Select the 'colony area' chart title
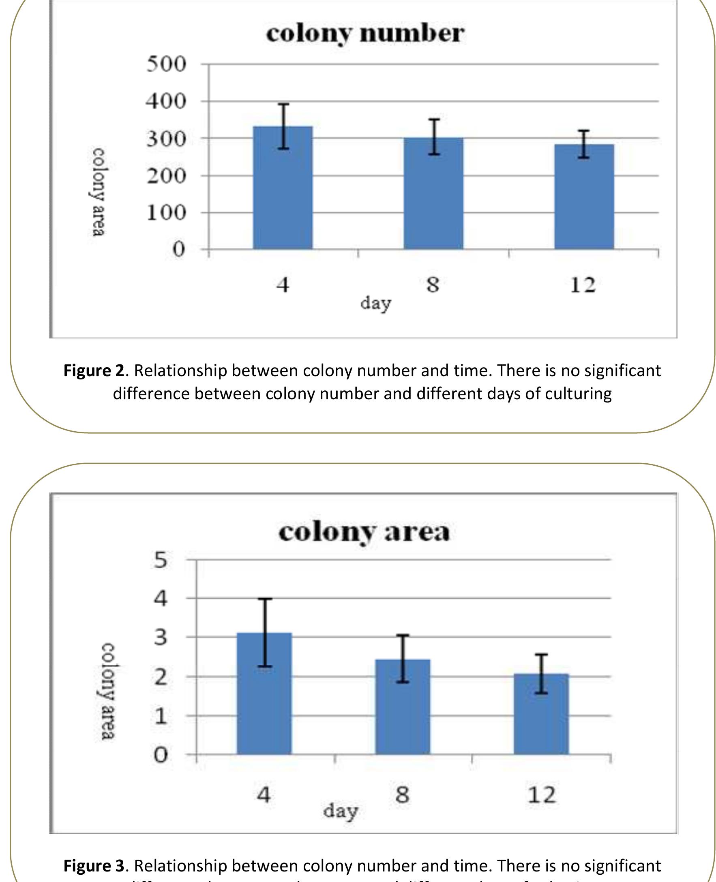pyautogui.click(x=364, y=532)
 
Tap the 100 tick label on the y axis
pyautogui.click(x=166, y=213)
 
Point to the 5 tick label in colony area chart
pyautogui.click(x=161, y=561)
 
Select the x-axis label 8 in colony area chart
pyautogui.click(x=403, y=794)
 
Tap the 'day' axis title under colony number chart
pyautogui.click(x=375, y=304)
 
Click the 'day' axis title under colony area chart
pyautogui.click(x=340, y=811)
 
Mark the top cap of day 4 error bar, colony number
pyautogui.click(x=283, y=104)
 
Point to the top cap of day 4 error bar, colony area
pyautogui.click(x=265, y=599)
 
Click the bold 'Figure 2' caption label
pyautogui.click(x=93, y=371)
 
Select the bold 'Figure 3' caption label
pyautogui.click(x=93, y=866)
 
